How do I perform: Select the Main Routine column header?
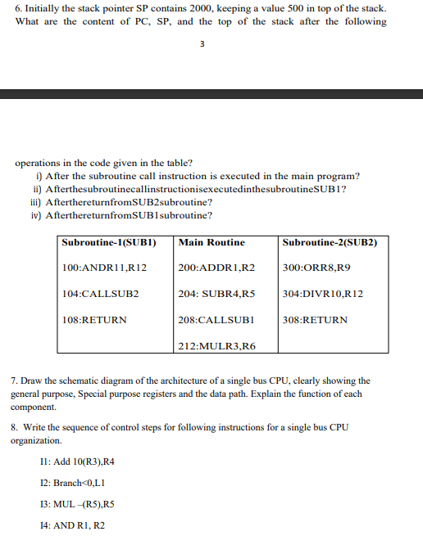tap(211, 242)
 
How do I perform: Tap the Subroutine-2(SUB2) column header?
tap(329, 242)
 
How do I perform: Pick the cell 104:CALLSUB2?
tap(101, 293)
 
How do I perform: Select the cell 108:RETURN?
tap(95, 319)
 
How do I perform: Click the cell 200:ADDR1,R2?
tap(216, 268)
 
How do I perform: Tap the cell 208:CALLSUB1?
tap(215, 319)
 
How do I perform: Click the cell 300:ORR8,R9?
tap(316, 268)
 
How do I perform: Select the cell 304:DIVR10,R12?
tap(322, 293)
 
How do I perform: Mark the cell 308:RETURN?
tap(315, 319)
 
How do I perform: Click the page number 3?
tap(202, 46)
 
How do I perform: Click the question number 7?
tap(14, 381)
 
